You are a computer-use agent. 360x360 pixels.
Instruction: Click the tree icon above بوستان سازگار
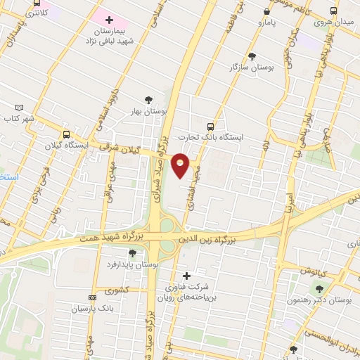252,56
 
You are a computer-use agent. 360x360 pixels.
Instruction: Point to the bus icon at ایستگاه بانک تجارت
211,126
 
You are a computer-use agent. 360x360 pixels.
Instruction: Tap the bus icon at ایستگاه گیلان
66,134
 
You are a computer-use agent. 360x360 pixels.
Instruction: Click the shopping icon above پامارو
266,12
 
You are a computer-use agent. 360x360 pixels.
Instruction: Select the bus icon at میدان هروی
333,11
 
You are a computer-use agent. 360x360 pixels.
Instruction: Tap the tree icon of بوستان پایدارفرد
133,253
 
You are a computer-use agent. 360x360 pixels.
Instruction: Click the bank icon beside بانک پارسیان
91,298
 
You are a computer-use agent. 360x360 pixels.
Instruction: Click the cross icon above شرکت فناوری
186,275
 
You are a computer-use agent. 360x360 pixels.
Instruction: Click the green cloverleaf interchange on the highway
167,226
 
